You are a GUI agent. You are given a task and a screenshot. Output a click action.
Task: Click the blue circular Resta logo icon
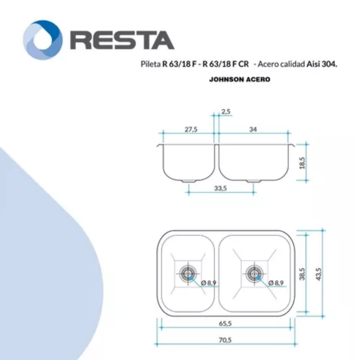[43, 40]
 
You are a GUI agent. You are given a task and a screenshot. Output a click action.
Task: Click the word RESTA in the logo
[122, 40]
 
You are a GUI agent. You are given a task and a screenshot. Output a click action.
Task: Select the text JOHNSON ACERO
[240, 80]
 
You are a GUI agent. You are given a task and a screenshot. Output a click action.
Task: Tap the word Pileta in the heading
[151, 64]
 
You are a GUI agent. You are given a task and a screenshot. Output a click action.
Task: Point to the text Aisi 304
[322, 64]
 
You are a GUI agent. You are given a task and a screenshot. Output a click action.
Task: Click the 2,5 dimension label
[226, 112]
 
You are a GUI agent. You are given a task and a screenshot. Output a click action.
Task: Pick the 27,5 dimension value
[191, 130]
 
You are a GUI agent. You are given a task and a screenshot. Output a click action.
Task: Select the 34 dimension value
[253, 130]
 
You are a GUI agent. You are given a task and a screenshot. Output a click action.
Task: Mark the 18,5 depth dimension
[302, 163]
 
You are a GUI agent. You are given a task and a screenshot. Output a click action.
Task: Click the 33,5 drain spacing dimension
[220, 188]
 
